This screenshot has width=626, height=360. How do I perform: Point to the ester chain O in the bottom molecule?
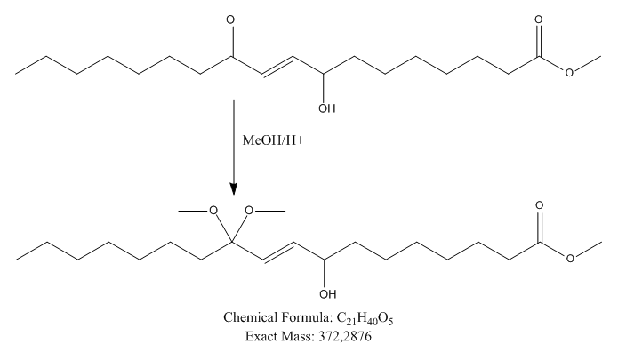click(x=567, y=258)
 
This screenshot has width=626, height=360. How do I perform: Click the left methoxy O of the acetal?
click(x=213, y=211)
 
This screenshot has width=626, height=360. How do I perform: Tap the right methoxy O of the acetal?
click(x=250, y=211)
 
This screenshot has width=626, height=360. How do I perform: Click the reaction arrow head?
click(x=233, y=188)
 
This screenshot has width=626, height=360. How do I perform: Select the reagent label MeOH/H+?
click(x=273, y=141)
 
